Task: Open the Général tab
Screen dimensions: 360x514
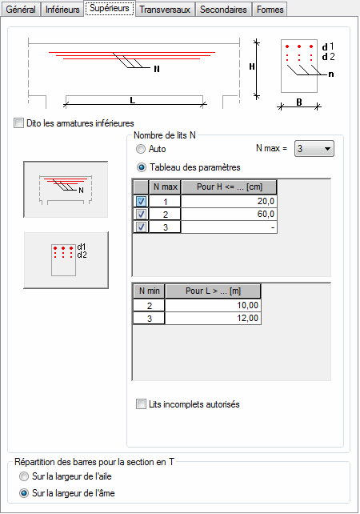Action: pos(21,10)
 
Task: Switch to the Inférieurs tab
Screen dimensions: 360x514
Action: pos(62,10)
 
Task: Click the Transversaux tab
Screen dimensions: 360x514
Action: pos(165,10)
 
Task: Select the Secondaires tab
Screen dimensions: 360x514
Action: pos(223,10)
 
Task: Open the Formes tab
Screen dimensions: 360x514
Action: pos(270,10)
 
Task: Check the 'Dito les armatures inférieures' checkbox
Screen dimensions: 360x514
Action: pos(18,123)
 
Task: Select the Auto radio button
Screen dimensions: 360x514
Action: pos(141,149)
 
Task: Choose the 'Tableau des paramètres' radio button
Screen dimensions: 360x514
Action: pos(141,167)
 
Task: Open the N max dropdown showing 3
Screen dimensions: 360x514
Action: pos(314,148)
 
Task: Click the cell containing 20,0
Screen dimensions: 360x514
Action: pos(229,201)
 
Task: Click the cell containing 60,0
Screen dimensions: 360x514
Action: pos(229,214)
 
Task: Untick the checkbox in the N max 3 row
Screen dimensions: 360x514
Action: pos(141,227)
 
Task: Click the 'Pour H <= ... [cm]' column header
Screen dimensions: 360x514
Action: pos(230,187)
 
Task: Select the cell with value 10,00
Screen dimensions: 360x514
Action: pos(213,305)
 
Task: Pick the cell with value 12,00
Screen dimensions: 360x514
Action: pos(213,319)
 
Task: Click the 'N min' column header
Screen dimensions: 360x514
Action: pos(149,291)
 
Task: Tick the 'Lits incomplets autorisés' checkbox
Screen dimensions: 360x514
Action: pos(141,404)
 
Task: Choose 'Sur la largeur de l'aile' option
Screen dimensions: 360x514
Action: pos(24,476)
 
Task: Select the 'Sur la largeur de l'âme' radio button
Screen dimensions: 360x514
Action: pos(24,493)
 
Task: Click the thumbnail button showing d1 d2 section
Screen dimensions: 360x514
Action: pos(66,260)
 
